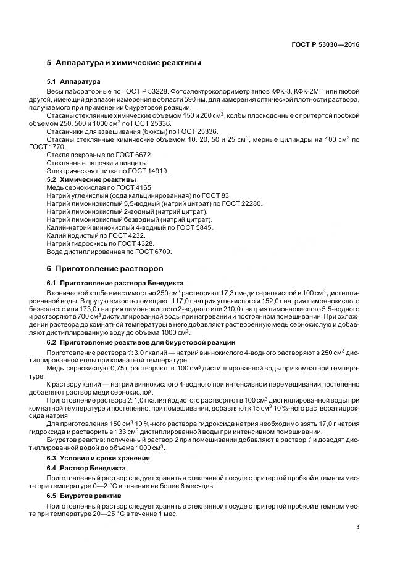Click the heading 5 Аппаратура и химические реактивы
click(x=123, y=63)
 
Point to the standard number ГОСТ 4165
click(x=133, y=187)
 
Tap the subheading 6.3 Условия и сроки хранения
click(x=99, y=458)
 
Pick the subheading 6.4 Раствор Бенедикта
click(x=86, y=468)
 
